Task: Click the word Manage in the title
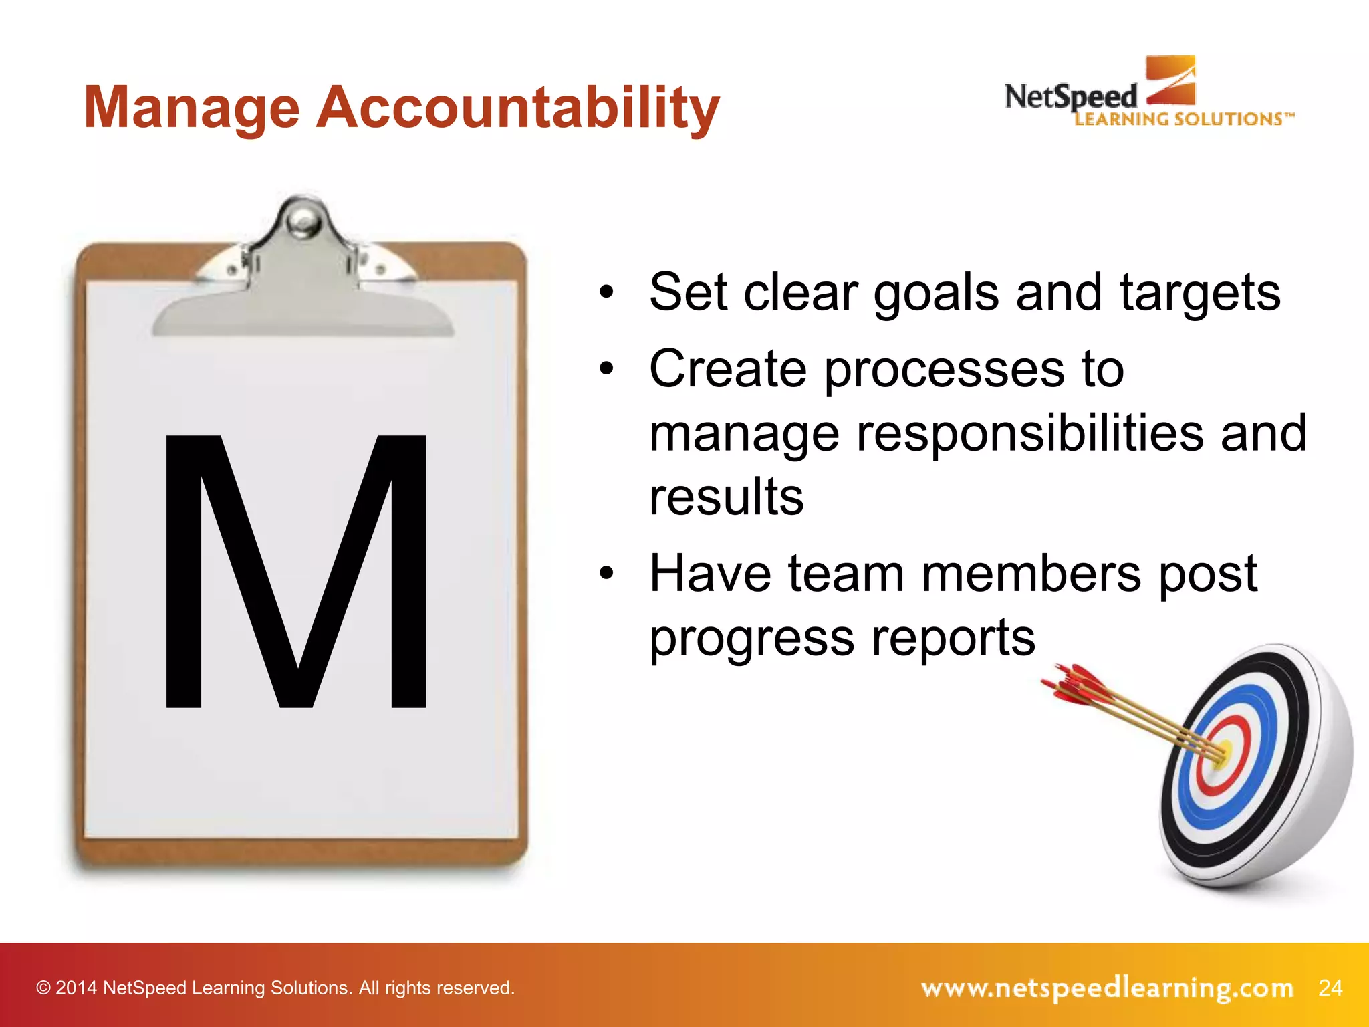(x=192, y=109)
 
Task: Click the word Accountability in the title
(x=517, y=109)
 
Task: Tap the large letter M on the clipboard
(x=295, y=571)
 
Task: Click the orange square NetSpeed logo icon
(x=1170, y=80)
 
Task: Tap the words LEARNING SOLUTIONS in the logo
(x=1183, y=120)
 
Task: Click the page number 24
(x=1330, y=988)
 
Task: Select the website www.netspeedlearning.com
(x=1107, y=988)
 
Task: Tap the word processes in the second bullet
(x=944, y=370)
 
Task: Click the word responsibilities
(x=1029, y=433)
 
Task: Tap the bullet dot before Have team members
(x=606, y=573)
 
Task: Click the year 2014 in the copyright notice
(x=76, y=988)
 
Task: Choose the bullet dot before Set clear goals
(x=606, y=292)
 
